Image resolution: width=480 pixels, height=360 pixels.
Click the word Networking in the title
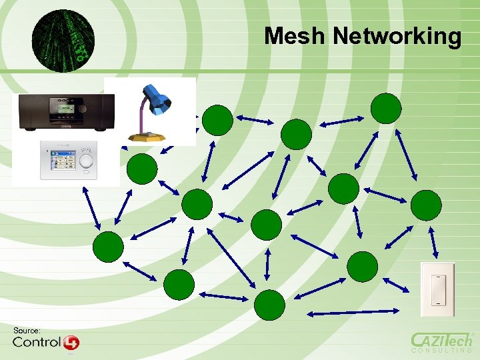point(397,37)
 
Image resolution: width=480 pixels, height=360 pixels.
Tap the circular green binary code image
point(63,41)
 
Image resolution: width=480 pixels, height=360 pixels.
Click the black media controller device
point(66,111)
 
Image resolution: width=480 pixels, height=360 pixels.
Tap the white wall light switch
point(437,289)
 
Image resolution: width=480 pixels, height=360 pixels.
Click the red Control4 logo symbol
point(71,343)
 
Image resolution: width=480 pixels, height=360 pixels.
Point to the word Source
point(27,331)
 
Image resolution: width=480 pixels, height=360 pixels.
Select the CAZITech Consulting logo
point(441,341)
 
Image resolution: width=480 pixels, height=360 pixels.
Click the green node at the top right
point(386,108)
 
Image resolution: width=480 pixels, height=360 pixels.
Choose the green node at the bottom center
point(269,305)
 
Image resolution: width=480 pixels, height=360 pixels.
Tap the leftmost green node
point(108,247)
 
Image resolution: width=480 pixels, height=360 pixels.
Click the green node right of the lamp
point(217,121)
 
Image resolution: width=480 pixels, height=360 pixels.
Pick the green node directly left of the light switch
point(363,266)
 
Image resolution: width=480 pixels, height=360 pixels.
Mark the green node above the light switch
point(426,205)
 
